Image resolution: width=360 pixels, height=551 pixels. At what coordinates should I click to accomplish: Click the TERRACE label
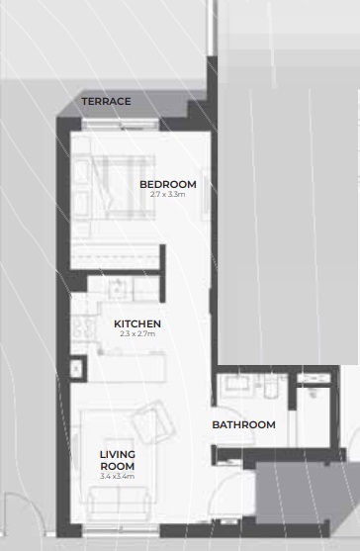106,102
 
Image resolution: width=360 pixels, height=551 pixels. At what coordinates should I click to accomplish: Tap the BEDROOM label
167,184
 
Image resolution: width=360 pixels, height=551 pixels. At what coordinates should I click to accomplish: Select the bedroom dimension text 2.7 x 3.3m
167,195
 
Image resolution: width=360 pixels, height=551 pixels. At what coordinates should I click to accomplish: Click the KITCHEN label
136,323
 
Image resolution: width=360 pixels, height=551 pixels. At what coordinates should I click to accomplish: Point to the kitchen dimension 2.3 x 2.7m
136,334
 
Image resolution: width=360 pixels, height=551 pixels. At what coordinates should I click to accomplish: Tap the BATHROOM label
243,425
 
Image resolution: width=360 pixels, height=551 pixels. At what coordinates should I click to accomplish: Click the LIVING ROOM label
117,460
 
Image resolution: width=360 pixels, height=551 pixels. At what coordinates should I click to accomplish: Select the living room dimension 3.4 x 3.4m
117,477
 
